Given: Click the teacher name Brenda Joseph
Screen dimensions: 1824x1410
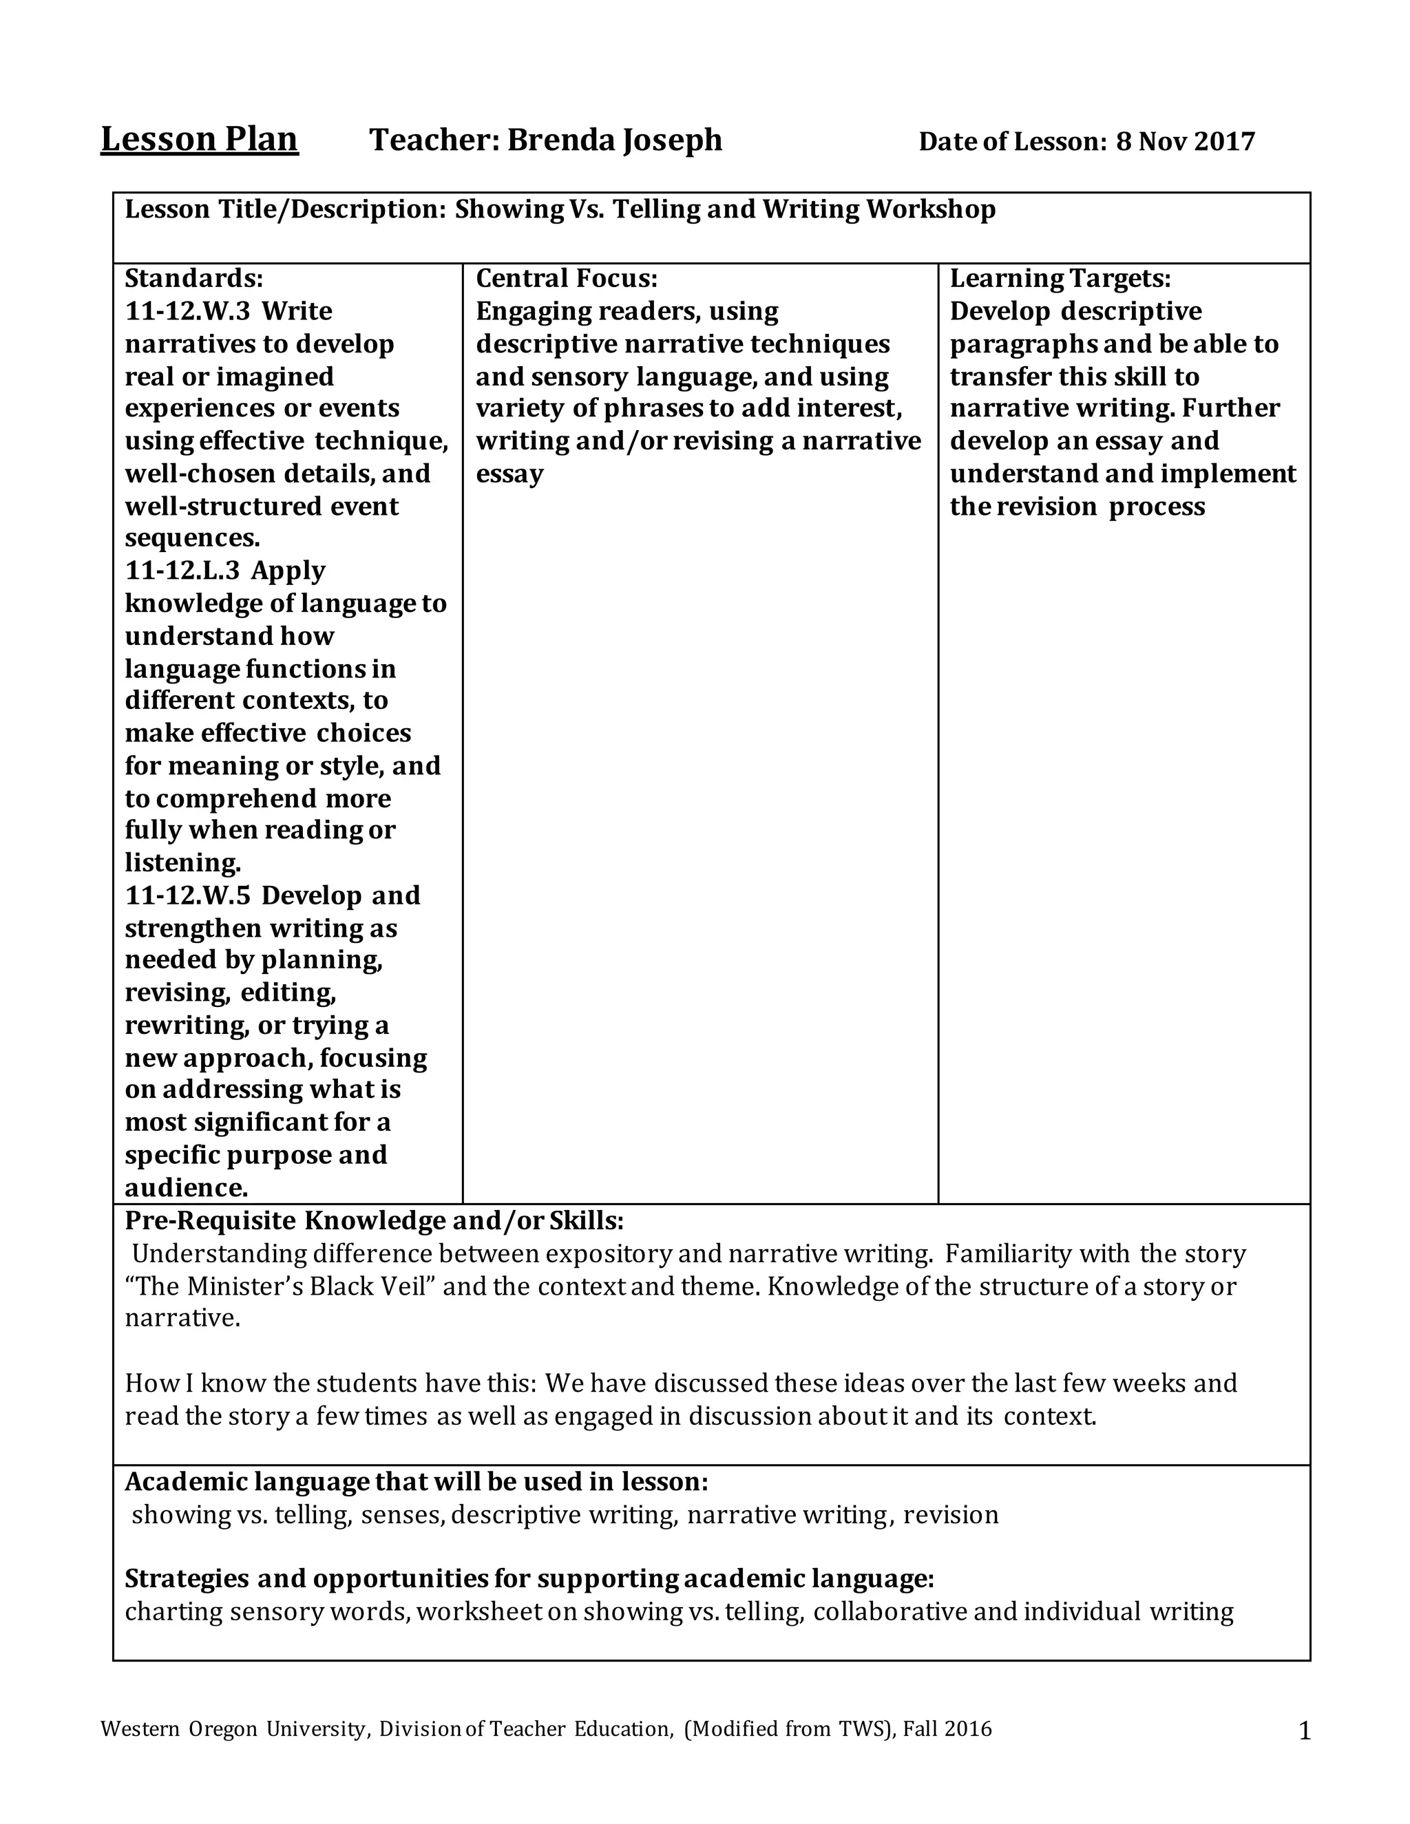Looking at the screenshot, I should coord(614,140).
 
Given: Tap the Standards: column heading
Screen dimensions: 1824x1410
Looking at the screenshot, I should coord(193,278).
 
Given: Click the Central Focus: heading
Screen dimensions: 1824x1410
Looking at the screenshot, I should coord(567,278).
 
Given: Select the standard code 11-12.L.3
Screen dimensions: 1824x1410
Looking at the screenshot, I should coord(182,571).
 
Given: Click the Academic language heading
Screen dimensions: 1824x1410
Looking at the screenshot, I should coord(416,1482).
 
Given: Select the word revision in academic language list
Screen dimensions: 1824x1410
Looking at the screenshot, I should coord(951,1515).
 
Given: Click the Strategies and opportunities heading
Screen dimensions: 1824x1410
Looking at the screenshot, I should coord(529,1578).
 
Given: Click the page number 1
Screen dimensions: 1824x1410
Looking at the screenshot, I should coord(1305,1733).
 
